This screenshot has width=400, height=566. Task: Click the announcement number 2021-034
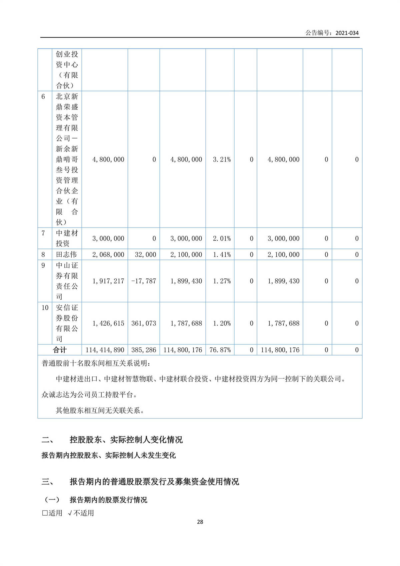[347, 33]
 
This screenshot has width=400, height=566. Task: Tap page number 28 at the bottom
[200, 522]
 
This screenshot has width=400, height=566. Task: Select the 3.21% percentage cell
[222, 160]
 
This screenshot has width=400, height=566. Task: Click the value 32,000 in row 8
[145, 255]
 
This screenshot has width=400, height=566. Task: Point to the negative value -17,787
[144, 281]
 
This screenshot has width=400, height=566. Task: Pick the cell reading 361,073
[144, 323]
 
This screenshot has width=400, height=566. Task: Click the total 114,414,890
[105, 350]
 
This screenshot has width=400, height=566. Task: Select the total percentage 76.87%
[220, 350]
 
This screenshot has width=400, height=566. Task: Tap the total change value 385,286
[144, 350]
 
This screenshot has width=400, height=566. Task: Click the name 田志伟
[66, 255]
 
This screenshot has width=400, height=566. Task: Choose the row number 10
[45, 308]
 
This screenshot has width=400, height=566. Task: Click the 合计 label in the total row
[60, 350]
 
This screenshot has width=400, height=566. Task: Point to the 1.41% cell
[222, 255]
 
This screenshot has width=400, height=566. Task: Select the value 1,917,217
[108, 281]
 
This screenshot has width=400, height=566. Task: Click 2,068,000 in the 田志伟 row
[108, 255]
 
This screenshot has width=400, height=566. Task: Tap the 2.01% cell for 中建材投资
[222, 239]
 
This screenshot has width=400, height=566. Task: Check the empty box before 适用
[45, 513]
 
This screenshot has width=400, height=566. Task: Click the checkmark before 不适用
[70, 513]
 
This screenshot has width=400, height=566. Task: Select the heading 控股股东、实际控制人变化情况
[126, 440]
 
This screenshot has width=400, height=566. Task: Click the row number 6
[43, 97]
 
